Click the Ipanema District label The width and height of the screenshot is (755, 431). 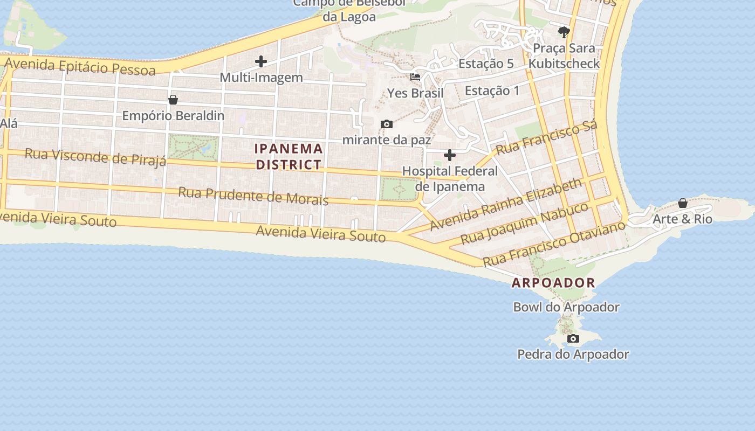tap(289, 156)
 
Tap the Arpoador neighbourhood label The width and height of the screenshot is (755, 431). tap(553, 282)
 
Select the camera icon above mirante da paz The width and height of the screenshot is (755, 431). tap(387, 124)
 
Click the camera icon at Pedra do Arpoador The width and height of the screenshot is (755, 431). tap(573, 339)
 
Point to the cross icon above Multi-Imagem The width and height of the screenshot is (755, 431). tap(261, 61)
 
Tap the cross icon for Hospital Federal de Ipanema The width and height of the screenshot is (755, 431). tap(449, 156)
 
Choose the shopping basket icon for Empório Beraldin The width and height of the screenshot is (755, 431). tap(173, 100)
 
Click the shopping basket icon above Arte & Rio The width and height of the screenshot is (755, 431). tap(683, 203)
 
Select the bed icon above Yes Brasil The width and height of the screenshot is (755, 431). tap(415, 77)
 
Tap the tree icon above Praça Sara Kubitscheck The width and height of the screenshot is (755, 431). tap(564, 32)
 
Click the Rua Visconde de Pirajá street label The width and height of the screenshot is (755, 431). tap(95, 157)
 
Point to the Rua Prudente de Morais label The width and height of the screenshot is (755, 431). tap(253, 196)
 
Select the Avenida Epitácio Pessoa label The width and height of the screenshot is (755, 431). tap(79, 66)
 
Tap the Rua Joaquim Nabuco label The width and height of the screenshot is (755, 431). tap(524, 223)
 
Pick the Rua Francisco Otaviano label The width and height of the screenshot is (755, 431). tap(554, 243)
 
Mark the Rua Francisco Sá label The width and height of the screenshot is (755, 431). tap(546, 138)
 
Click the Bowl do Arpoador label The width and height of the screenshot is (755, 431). tap(566, 307)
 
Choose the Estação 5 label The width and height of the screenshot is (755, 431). tap(486, 64)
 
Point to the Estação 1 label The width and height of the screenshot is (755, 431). tap(492, 91)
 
